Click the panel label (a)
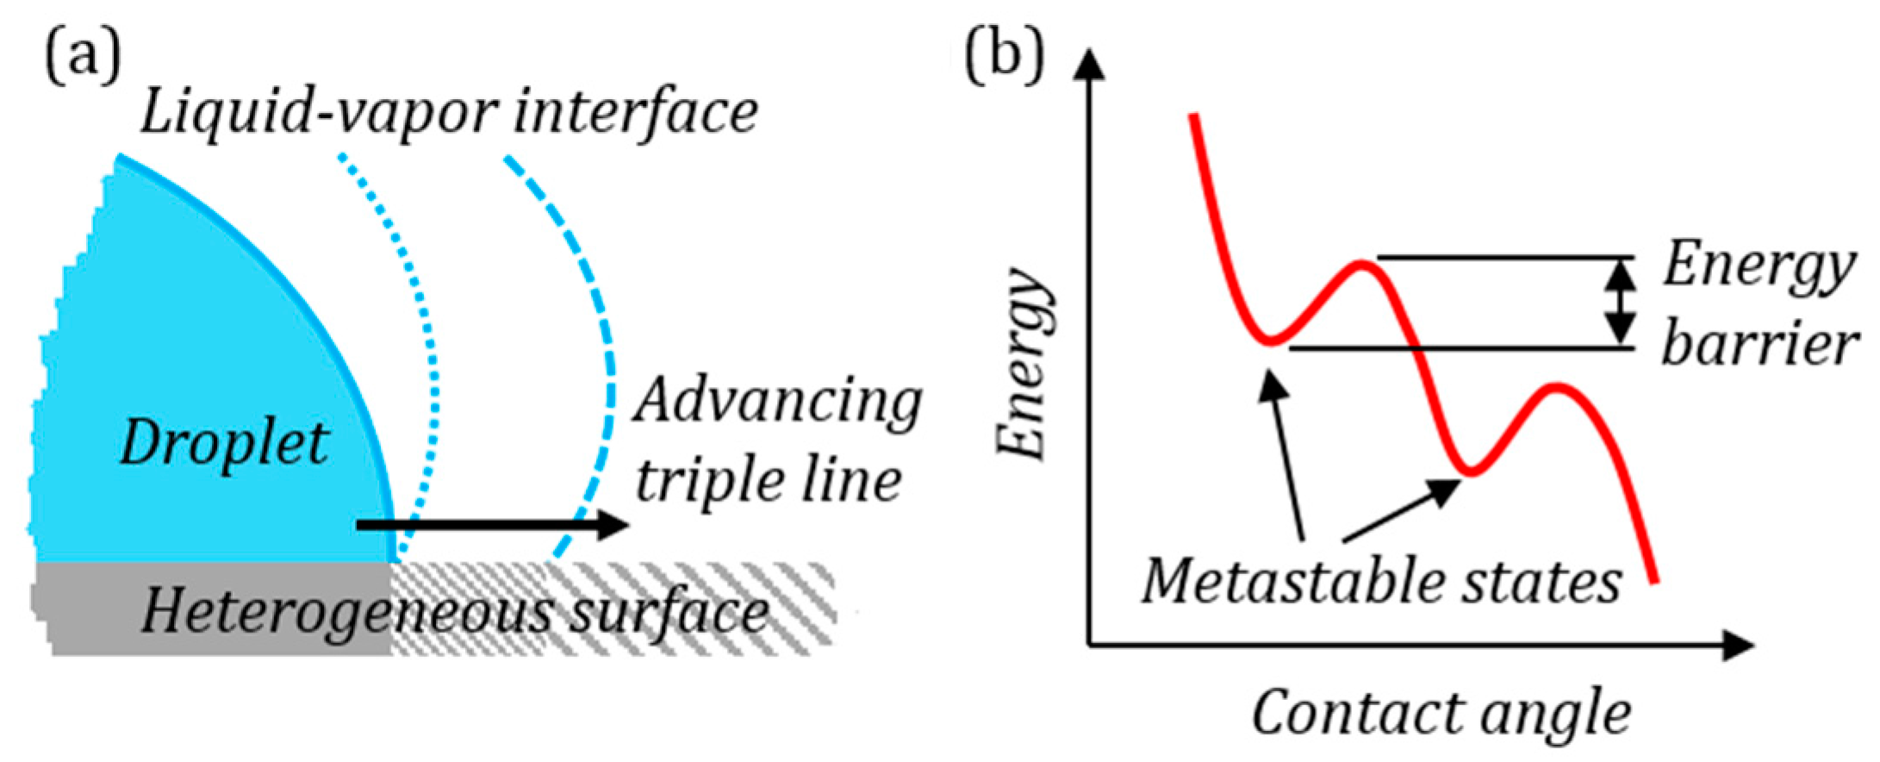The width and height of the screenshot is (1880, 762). pos(83,58)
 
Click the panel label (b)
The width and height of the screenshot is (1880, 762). pos(1005,58)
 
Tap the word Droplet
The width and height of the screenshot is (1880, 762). pos(224,444)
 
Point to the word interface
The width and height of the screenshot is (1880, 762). pos(636,113)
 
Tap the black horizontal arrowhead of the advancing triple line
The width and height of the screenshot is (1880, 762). pos(613,524)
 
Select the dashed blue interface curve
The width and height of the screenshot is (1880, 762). pos(603,345)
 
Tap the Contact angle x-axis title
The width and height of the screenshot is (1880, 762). pos(1441,714)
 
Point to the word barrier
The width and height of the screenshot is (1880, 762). pos(1758,345)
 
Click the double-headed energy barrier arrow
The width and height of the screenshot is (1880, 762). pos(1621,302)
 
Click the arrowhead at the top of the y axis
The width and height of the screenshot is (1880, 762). pos(1091,65)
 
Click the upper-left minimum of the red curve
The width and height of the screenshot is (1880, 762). pos(1269,341)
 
